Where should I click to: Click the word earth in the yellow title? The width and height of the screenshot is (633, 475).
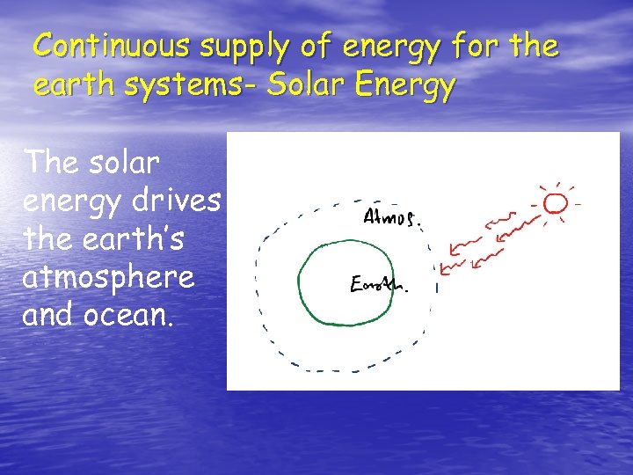tap(69, 87)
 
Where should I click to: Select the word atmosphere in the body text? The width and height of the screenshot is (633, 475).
tap(108, 277)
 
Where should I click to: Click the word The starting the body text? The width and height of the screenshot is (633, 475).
tap(50, 164)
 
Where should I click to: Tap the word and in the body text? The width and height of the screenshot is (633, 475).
tap(47, 315)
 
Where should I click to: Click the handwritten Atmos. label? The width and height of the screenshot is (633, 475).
tap(392, 216)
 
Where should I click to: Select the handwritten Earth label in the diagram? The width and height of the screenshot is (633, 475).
tap(381, 284)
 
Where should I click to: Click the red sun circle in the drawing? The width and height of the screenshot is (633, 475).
tap(555, 205)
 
